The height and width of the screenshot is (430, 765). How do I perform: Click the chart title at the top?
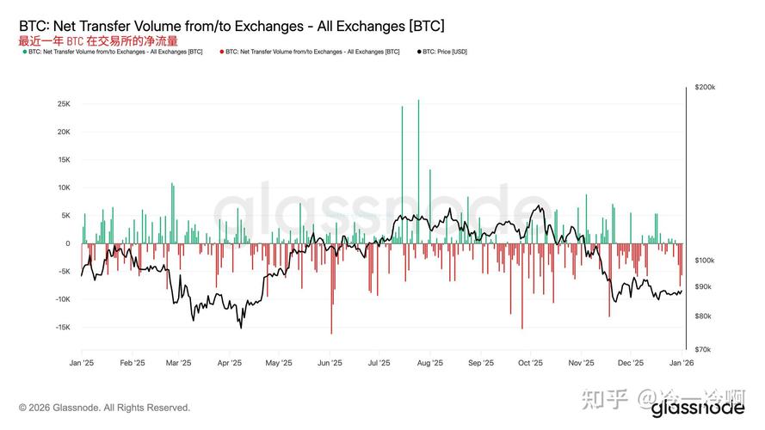231,26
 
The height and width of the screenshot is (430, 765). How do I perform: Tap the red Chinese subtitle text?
98,40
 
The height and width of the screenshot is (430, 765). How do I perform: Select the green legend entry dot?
24,52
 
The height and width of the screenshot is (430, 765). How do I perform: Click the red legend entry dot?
222,52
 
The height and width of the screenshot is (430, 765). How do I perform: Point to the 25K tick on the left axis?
64,104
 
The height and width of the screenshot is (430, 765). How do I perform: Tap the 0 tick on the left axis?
67,243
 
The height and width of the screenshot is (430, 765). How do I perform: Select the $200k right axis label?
704,88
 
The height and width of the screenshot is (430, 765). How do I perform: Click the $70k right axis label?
703,349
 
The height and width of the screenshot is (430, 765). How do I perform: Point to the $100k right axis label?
704,260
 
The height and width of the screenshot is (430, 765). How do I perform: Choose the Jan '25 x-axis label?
82,363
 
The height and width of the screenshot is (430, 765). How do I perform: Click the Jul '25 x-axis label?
379,363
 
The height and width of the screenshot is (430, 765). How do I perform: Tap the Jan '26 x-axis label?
681,363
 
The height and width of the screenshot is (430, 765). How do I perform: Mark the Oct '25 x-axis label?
531,363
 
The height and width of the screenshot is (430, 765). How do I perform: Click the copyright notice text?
105,408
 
